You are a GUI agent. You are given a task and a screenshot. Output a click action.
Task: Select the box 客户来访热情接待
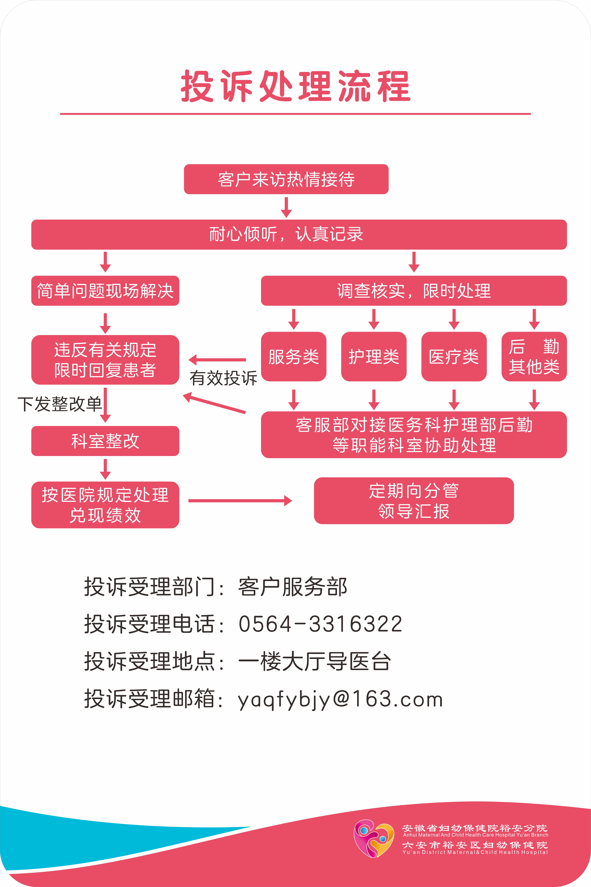click(286, 179)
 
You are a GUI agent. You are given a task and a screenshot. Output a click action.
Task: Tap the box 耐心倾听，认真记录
click(299, 234)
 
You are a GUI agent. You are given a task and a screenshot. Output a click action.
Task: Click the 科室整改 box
click(105, 441)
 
